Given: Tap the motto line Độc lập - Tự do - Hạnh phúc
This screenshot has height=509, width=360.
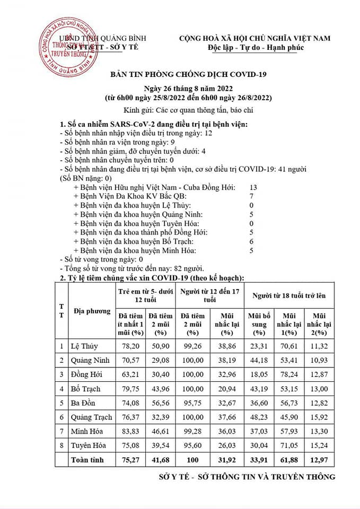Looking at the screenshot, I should click(x=254, y=48).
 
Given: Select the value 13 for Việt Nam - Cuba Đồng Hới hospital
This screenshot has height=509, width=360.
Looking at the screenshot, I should click(x=253, y=188).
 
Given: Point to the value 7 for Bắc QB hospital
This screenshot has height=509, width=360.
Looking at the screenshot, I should click(x=252, y=197).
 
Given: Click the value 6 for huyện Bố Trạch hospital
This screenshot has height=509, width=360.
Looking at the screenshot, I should click(x=252, y=241).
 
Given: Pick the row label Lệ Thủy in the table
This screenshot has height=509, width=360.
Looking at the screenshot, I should click(x=84, y=346).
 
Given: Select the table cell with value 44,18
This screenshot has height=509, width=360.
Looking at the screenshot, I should click(x=259, y=360).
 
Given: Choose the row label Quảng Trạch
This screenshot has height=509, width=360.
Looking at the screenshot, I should click(x=91, y=417).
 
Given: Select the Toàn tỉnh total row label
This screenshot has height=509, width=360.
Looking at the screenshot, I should click(x=88, y=460).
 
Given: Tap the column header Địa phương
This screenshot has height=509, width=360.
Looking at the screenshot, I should click(x=92, y=311).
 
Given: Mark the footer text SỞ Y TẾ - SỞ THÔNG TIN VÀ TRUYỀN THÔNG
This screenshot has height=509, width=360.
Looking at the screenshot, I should click(x=247, y=477).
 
